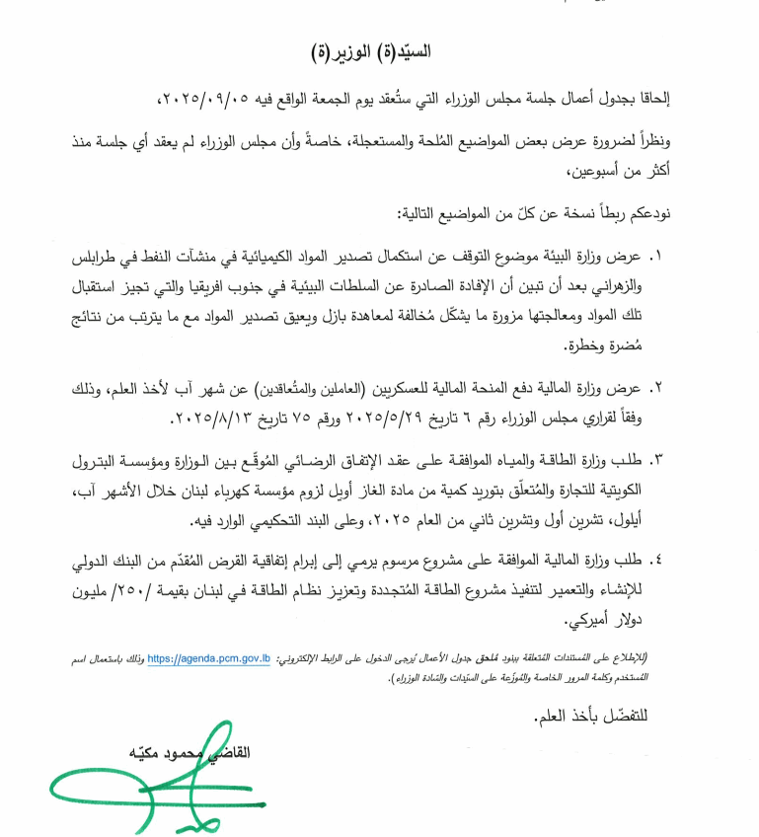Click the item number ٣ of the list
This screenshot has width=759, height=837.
(657, 460)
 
